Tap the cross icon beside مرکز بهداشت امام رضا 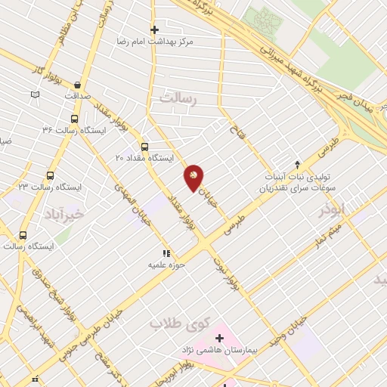(x=154, y=30)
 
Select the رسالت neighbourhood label (x=178, y=98)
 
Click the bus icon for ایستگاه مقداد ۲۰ (x=144, y=147)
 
